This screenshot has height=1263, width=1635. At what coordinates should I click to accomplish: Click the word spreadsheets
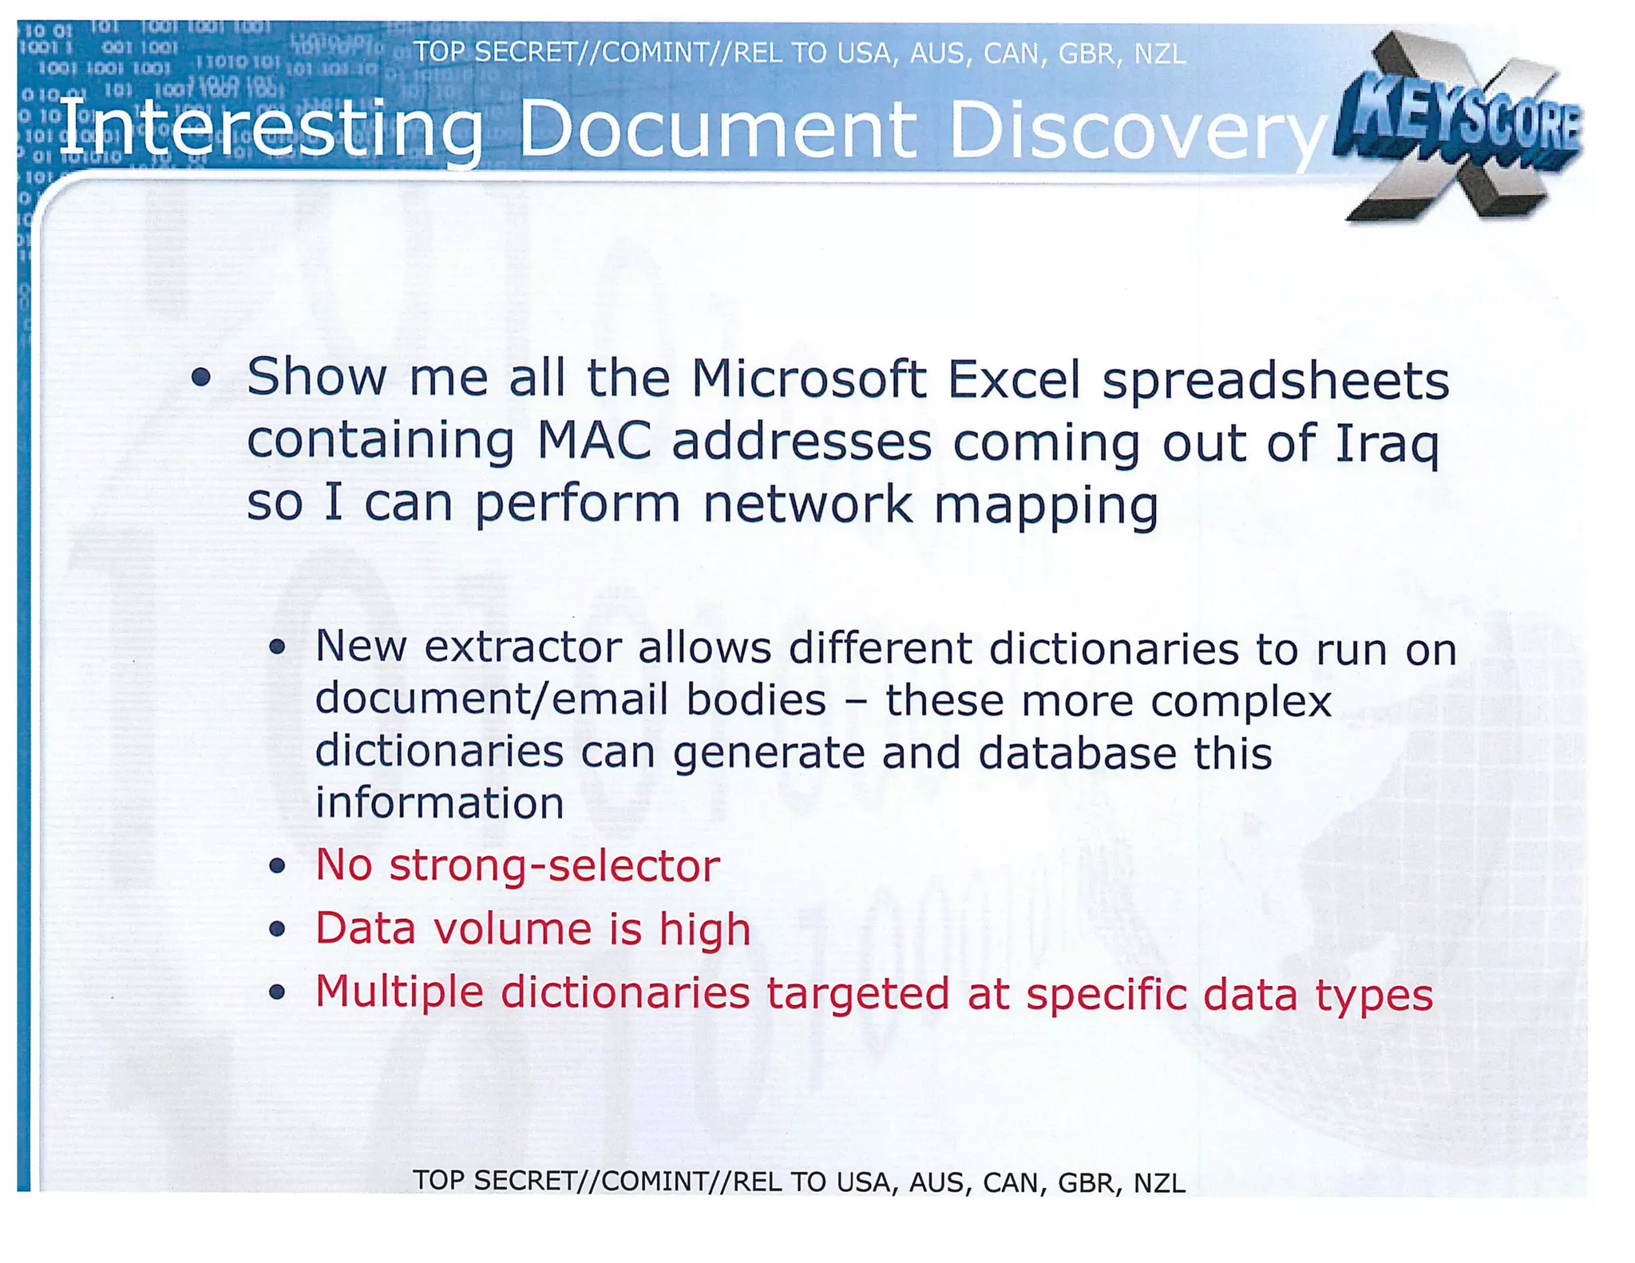coord(1275,380)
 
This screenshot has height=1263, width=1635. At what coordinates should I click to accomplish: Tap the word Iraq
coord(1387,443)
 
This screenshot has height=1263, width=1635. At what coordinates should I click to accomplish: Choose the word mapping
coord(1046,505)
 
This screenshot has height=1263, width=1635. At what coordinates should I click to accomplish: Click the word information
coord(439,803)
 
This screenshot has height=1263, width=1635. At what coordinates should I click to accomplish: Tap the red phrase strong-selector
coord(554,865)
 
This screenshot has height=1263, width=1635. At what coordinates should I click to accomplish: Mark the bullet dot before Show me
coord(201,378)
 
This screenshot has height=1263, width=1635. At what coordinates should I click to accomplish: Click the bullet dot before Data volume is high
coord(277,929)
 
